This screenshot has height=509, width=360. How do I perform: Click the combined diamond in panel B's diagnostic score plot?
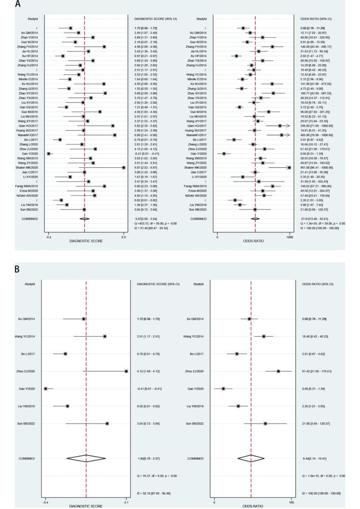(86, 458)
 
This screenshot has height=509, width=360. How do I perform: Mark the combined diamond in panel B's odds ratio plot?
(251, 458)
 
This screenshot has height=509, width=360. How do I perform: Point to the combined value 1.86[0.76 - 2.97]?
(147, 458)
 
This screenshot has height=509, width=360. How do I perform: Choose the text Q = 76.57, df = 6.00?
(153, 475)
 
